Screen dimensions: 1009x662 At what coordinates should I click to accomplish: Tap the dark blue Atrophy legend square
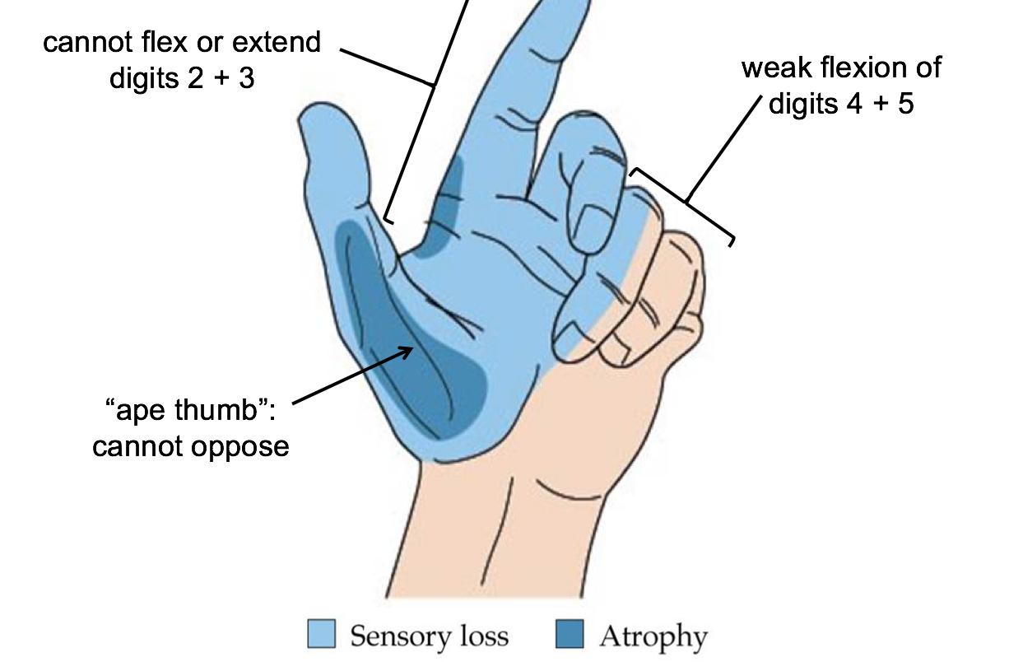(x=570, y=634)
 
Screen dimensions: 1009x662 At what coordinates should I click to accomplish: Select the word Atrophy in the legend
(x=653, y=636)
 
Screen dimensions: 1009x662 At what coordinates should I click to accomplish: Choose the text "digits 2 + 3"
(x=182, y=81)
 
